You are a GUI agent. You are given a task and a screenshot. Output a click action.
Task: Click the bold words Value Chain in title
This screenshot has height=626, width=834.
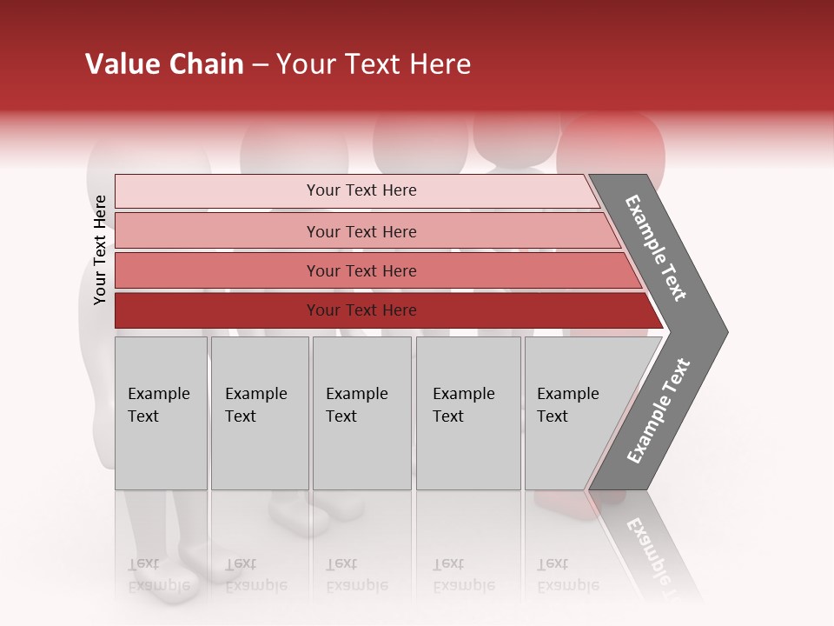tap(164, 64)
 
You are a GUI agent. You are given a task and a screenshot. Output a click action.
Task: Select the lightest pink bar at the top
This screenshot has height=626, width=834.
tap(217, 190)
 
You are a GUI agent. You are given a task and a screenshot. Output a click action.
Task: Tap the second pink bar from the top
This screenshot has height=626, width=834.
tap(217, 231)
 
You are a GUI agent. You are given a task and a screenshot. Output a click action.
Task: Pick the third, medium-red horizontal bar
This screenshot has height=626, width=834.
tap(217, 270)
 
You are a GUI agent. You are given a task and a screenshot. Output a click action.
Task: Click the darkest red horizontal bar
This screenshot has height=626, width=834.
tap(217, 310)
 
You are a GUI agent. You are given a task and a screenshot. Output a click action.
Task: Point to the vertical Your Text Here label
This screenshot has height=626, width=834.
tap(100, 250)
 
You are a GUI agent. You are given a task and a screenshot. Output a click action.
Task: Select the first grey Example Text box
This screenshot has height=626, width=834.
tap(161, 413)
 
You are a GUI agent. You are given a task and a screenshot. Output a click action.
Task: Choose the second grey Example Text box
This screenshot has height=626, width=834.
tap(259, 413)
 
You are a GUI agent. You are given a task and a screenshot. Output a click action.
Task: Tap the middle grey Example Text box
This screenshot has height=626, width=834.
tap(361, 413)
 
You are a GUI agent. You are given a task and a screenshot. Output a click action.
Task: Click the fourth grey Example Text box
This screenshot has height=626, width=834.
tap(467, 413)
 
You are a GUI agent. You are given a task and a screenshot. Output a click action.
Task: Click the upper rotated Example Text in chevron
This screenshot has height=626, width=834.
tap(657, 248)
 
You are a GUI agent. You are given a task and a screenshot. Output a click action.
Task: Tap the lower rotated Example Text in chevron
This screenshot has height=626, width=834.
tap(659, 410)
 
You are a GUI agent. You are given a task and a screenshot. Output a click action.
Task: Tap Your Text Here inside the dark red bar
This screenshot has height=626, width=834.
tap(361, 310)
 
